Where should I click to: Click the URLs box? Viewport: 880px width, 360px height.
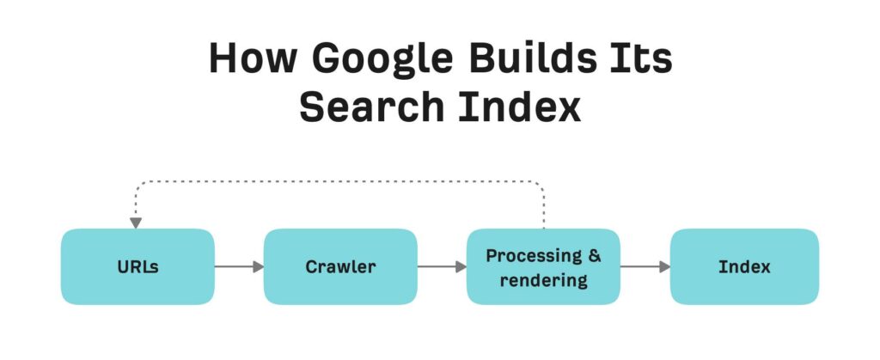[137, 266]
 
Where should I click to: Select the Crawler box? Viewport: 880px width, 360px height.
[340, 266]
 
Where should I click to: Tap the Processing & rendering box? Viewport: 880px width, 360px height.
[543, 266]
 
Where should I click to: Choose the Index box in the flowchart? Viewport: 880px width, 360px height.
[744, 266]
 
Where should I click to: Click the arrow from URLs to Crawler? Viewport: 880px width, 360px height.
[239, 266]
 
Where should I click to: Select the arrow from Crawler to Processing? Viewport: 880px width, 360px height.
[442, 266]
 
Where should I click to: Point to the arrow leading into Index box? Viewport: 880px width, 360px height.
[645, 266]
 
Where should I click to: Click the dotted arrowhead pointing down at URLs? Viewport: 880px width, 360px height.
[136, 223]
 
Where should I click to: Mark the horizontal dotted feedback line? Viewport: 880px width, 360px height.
[339, 182]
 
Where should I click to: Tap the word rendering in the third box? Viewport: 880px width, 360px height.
[543, 279]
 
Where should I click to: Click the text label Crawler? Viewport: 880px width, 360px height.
[340, 267]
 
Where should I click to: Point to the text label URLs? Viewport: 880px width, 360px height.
[137, 267]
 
